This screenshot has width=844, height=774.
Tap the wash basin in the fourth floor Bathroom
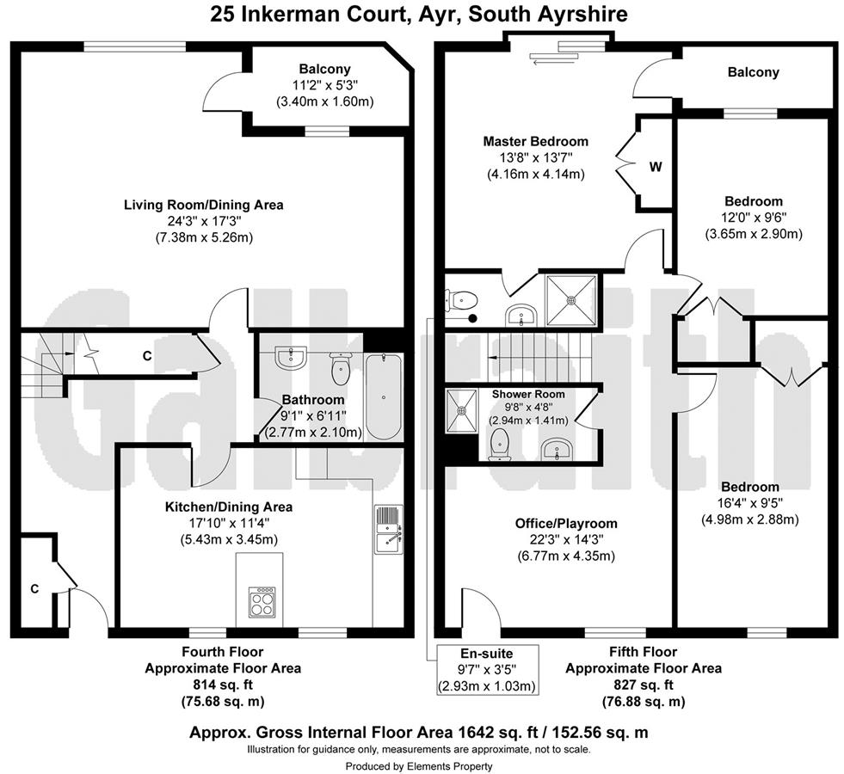click(x=292, y=358)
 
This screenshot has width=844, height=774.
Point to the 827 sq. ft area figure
click(x=642, y=685)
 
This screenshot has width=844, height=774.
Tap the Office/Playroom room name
click(x=566, y=523)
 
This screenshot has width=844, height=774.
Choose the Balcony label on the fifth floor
click(x=753, y=72)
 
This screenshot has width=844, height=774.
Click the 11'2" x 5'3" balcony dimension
click(x=324, y=84)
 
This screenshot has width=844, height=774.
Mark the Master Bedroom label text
click(x=535, y=141)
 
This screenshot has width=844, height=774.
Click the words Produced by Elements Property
click(x=419, y=765)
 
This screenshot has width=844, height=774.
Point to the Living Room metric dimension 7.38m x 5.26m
click(x=204, y=236)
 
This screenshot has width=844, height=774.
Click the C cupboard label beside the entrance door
click(x=34, y=588)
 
